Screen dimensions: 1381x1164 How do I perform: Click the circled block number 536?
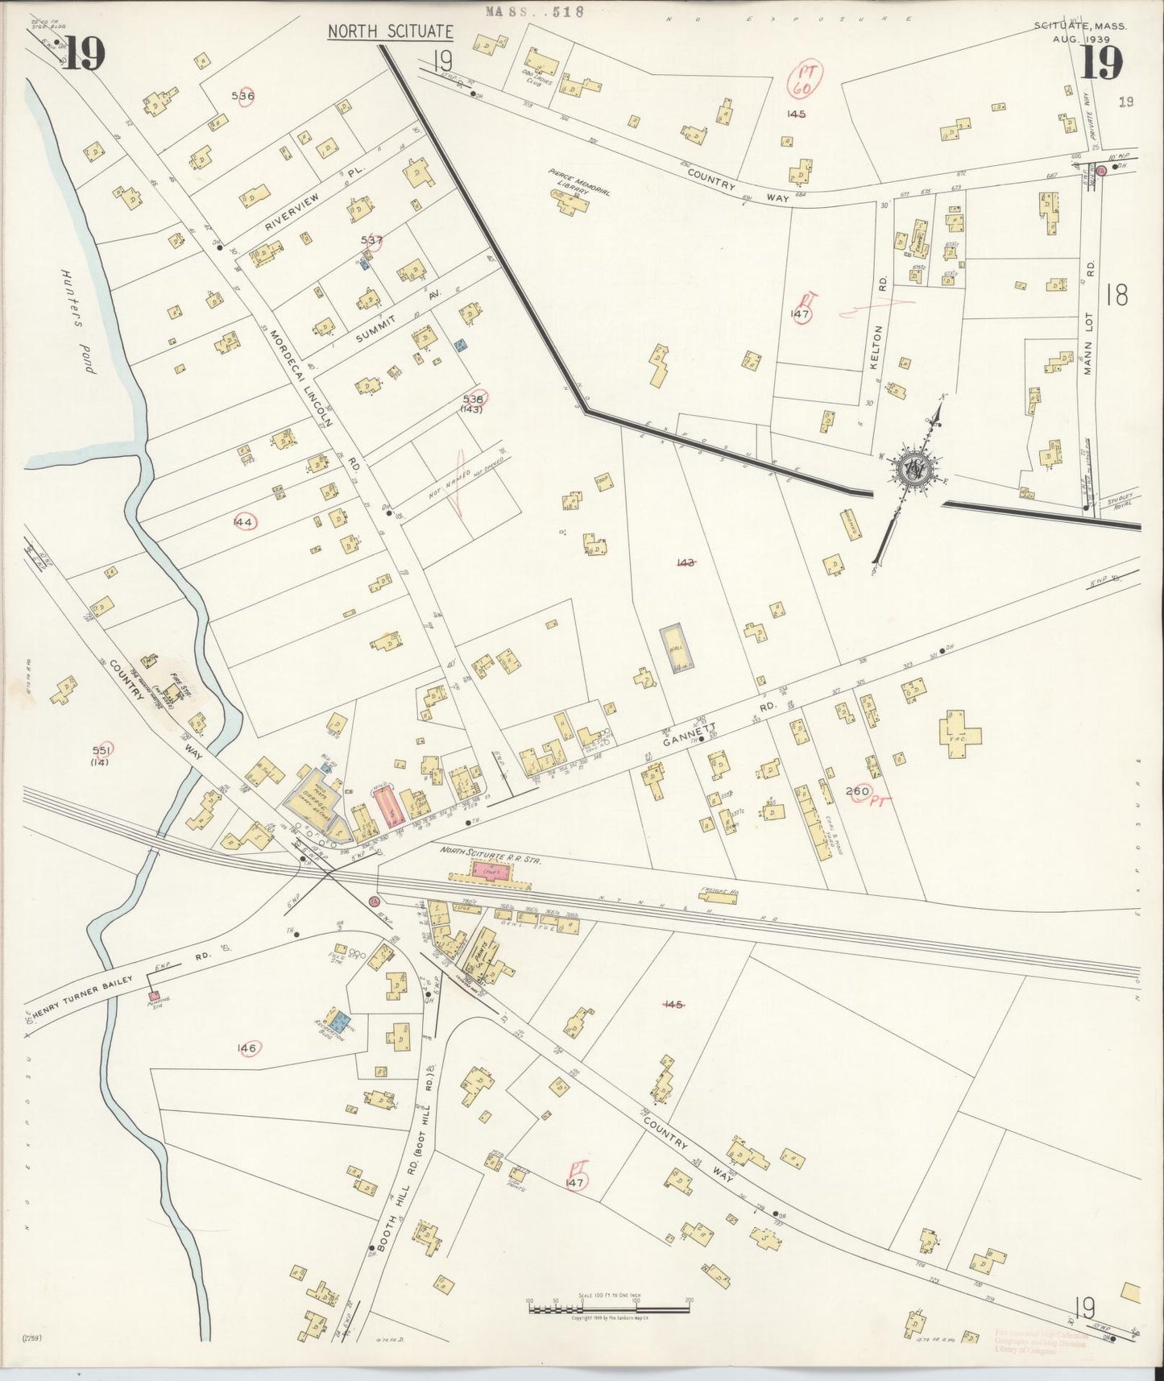tap(242, 96)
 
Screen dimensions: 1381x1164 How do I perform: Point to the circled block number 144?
tap(242, 522)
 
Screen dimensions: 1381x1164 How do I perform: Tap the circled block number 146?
tap(246, 1047)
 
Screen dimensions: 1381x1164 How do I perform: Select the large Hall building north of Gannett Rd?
tap(678, 647)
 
